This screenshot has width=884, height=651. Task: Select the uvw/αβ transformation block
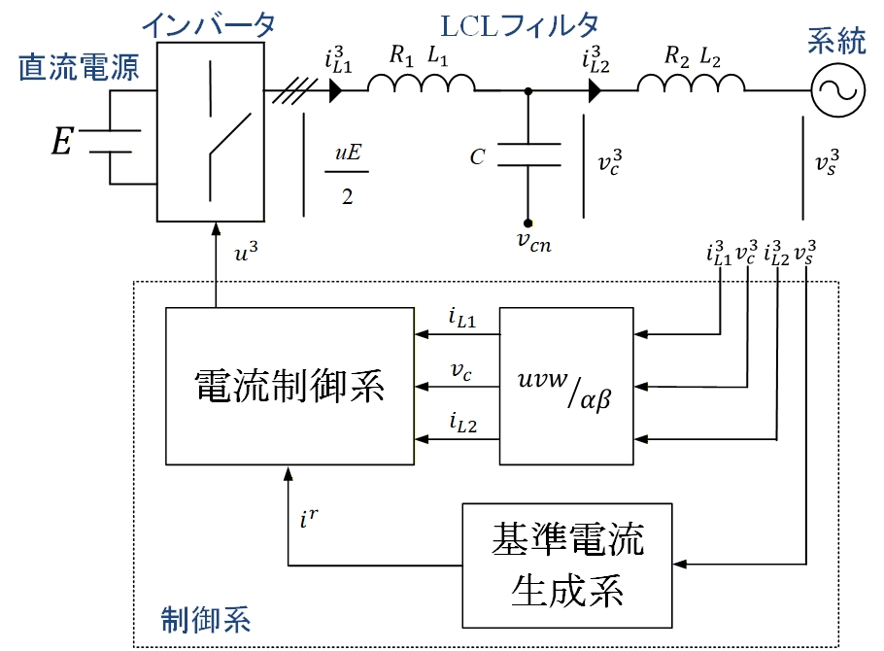[x=564, y=387]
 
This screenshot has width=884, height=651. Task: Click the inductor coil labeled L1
[x=420, y=89]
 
